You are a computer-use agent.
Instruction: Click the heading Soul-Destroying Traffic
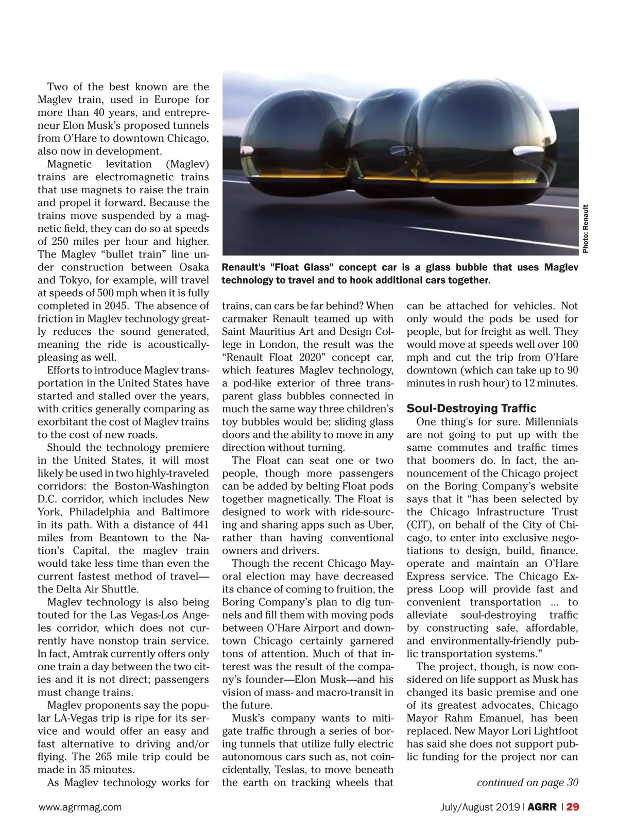(x=471, y=409)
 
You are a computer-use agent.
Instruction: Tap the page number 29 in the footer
(x=573, y=807)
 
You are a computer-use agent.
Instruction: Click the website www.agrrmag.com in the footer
(x=80, y=807)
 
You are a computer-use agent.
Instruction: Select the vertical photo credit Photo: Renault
(x=586, y=229)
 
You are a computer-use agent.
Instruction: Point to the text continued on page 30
(x=527, y=783)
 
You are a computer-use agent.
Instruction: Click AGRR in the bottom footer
(x=542, y=807)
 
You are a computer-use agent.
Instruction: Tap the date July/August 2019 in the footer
(x=480, y=807)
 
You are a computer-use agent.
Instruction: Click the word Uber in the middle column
(x=382, y=525)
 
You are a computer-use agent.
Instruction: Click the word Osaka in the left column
(x=194, y=267)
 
